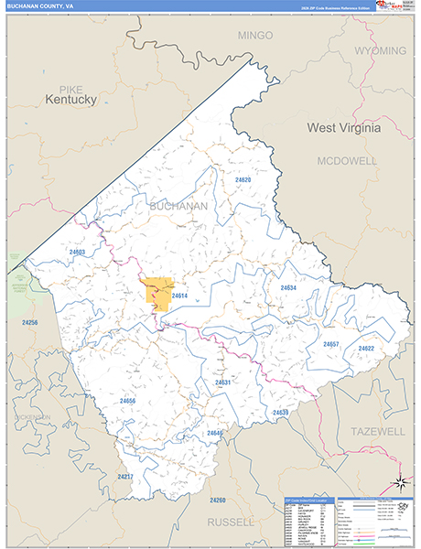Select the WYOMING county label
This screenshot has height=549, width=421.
pyautogui.click(x=380, y=50)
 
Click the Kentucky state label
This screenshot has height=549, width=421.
pyautogui.click(x=71, y=99)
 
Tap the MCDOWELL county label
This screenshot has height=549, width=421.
pyautogui.click(x=347, y=160)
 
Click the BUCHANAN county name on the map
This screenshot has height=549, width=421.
pyautogui.click(x=178, y=207)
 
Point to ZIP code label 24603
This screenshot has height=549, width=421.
pyautogui.click(x=77, y=252)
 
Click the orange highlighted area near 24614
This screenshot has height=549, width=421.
pyautogui.click(x=159, y=293)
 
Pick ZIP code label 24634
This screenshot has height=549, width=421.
pyautogui.click(x=288, y=287)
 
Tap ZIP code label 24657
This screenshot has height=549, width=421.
pyautogui.click(x=331, y=344)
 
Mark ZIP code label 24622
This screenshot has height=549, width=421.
pyautogui.click(x=366, y=349)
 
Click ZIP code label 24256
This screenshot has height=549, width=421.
pyautogui.click(x=30, y=323)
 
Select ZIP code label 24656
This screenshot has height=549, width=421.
pyautogui.click(x=127, y=401)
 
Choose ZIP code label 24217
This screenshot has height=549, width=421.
pyautogui.click(x=125, y=477)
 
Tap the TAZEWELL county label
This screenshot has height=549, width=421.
pyautogui.click(x=378, y=430)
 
